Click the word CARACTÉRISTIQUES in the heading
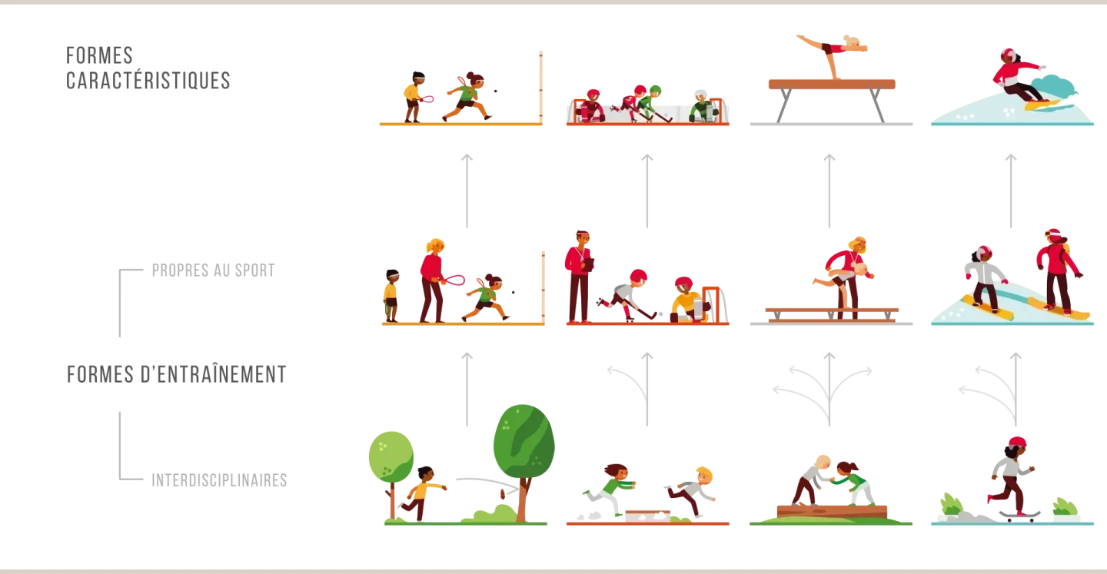click(x=148, y=81)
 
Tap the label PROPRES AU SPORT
click(x=214, y=270)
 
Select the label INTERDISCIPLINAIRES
click(x=219, y=480)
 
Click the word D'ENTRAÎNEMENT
click(x=214, y=374)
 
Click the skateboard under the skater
click(x=1020, y=516)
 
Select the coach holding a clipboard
click(x=579, y=277)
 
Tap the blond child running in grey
click(x=692, y=490)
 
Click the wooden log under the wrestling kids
click(x=832, y=511)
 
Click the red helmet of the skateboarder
click(x=1017, y=442)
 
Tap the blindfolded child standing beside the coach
click(x=391, y=296)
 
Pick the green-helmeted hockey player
click(x=648, y=103)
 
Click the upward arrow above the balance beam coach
click(x=829, y=191)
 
